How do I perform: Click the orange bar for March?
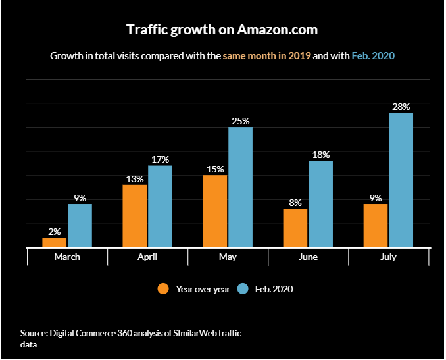[x=55, y=243]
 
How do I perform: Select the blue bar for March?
[x=80, y=226]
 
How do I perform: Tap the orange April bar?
[x=135, y=216]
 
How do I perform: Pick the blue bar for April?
[x=160, y=207]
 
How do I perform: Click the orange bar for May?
[x=215, y=211]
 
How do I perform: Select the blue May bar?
[x=240, y=188]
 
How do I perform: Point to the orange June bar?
[x=295, y=228]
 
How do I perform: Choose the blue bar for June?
[x=320, y=204]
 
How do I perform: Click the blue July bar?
[x=401, y=180]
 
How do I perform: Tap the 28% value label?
[x=401, y=107]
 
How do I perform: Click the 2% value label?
[x=55, y=232]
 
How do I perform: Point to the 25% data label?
[x=240, y=121]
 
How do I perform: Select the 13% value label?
[x=135, y=179]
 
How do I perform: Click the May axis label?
[x=228, y=257]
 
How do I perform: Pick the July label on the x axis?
[x=388, y=257]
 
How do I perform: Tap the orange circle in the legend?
[x=163, y=289]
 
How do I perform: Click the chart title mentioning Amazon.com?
[x=222, y=30]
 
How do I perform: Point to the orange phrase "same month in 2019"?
[x=266, y=56]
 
